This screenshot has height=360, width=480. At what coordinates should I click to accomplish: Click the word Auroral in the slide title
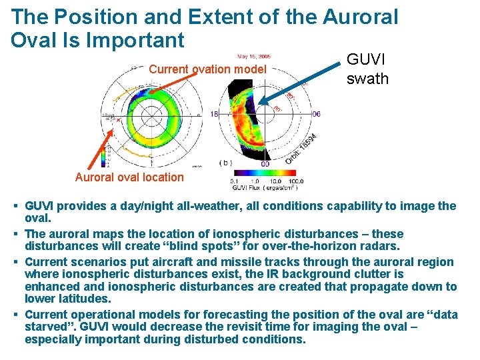(360, 17)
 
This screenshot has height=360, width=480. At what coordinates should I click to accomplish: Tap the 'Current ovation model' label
(207, 69)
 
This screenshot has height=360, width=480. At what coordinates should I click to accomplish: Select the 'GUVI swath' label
(367, 69)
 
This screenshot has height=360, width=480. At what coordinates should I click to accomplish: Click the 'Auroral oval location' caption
(129, 177)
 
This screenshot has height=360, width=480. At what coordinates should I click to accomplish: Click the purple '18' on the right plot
(215, 114)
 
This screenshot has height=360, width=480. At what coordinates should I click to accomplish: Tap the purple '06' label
(316, 114)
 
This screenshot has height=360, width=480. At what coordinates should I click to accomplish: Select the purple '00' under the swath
(265, 164)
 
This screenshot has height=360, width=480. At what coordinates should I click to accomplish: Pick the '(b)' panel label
(225, 163)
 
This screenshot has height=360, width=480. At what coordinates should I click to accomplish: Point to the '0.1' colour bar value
(234, 181)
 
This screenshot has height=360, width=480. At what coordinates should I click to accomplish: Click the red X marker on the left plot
(119, 119)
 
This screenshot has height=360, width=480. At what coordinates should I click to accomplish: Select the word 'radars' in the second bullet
(381, 246)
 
